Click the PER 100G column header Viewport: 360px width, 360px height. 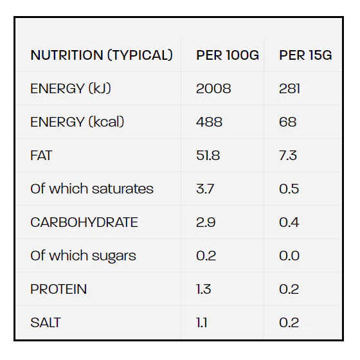click(x=228, y=55)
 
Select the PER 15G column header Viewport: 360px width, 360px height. click(x=305, y=55)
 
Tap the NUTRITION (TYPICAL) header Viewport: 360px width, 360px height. click(x=102, y=55)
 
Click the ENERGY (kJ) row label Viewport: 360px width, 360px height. click(x=71, y=89)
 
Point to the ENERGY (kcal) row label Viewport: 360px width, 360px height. click(x=77, y=122)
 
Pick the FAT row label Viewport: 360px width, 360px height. click(x=41, y=156)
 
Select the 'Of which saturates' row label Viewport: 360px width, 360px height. click(x=92, y=189)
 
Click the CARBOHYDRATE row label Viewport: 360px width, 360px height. click(x=84, y=222)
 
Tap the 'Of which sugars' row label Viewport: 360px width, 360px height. click(x=83, y=256)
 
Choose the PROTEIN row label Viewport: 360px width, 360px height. click(x=59, y=289)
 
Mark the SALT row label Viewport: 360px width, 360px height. click(x=46, y=322)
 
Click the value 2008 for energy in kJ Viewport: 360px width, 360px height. click(x=213, y=89)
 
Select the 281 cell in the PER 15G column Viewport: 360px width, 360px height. click(x=289, y=89)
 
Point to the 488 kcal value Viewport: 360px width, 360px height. click(x=209, y=122)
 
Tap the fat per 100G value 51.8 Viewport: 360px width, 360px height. click(x=208, y=156)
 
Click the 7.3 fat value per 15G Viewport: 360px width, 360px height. click(x=288, y=156)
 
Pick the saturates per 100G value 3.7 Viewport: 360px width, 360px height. click(x=205, y=189)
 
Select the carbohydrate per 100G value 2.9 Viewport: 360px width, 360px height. click(x=206, y=222)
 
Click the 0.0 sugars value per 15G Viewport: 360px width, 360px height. click(x=289, y=256)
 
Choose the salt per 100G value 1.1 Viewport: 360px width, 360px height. click(x=202, y=322)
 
